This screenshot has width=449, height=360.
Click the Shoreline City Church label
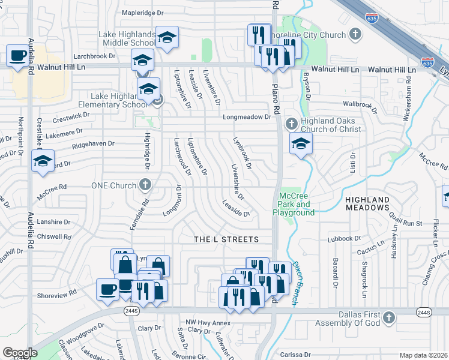click(315, 35)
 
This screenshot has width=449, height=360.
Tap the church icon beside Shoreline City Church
click(355, 34)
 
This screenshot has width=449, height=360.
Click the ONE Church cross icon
click(145, 185)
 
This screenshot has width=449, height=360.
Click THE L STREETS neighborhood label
click(226, 239)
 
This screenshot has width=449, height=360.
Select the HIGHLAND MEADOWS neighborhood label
click(376, 203)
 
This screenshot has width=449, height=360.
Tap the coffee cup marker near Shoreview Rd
click(107, 289)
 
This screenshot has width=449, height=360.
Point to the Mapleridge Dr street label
click(142, 12)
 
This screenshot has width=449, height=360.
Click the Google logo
click(20, 353)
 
